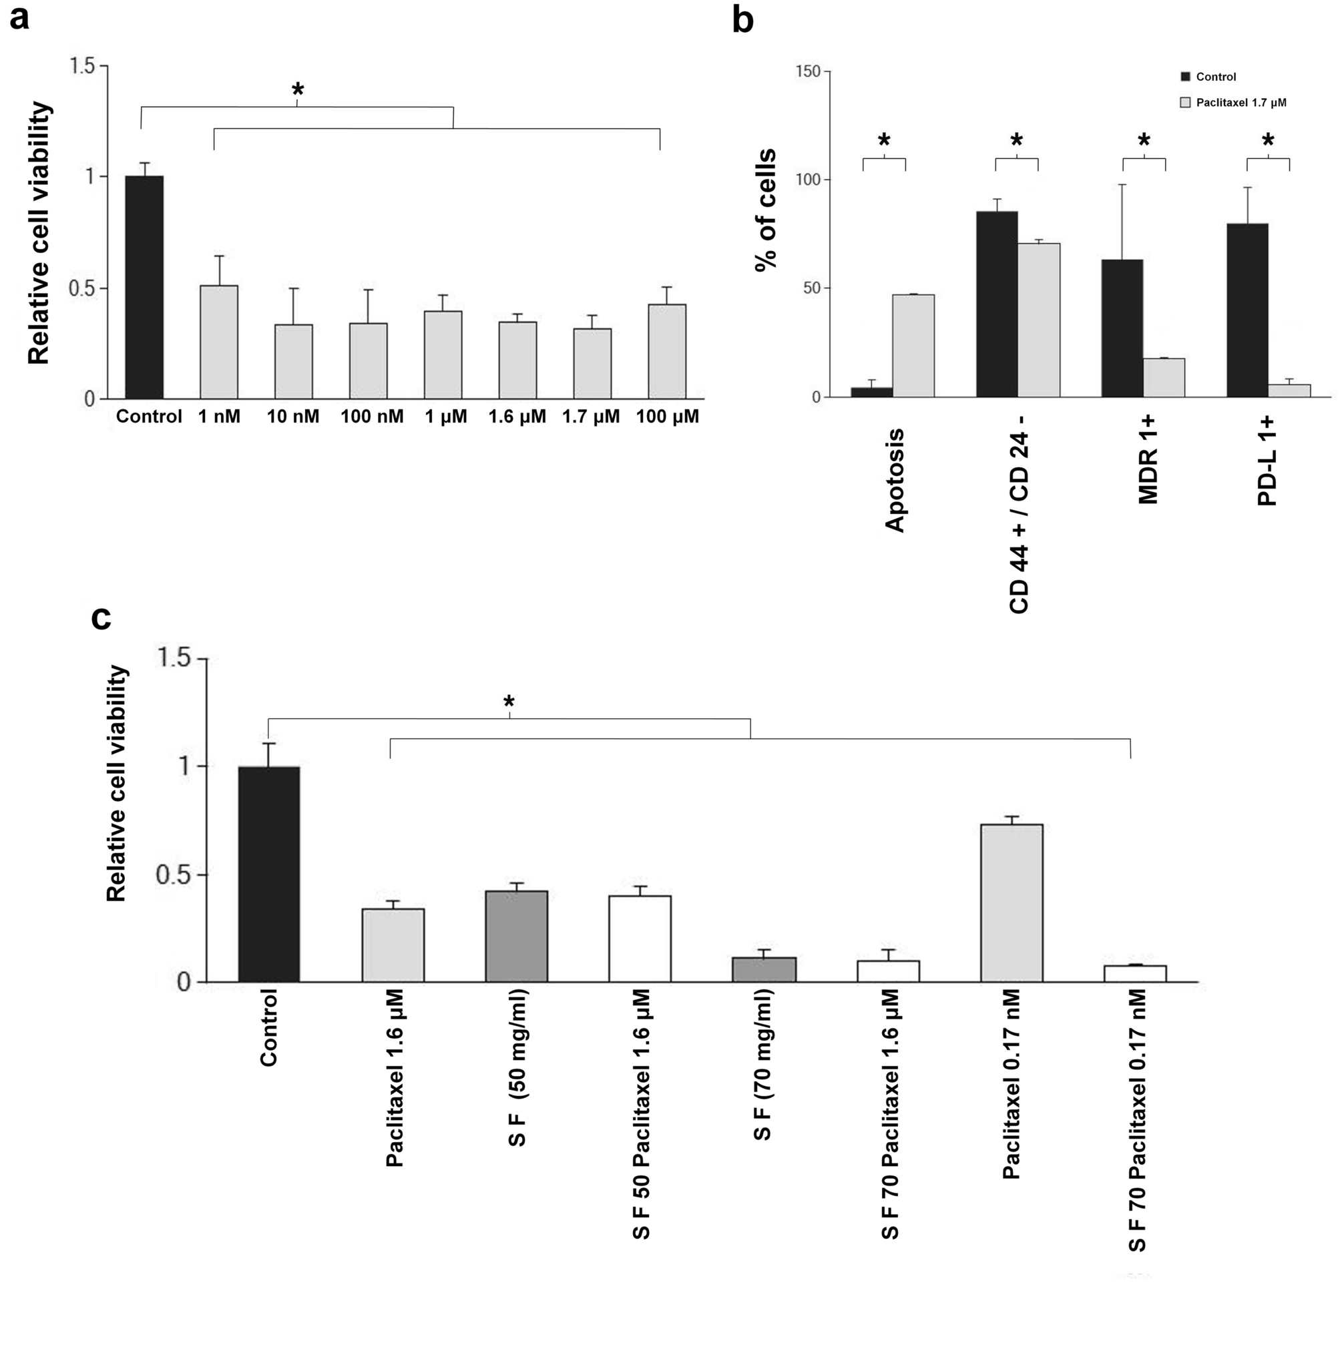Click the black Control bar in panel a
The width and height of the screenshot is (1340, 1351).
tap(144, 288)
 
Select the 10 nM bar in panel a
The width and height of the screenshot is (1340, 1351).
tap(293, 362)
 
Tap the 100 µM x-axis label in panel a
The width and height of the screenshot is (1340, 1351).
tap(666, 417)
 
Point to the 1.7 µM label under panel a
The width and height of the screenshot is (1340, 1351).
tap(590, 417)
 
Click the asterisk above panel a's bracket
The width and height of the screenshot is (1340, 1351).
tap(298, 89)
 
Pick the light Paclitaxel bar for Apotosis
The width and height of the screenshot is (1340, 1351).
tap(913, 346)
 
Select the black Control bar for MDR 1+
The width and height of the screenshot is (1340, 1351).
tap(1122, 328)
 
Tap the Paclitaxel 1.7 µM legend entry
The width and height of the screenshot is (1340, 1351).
tap(1240, 103)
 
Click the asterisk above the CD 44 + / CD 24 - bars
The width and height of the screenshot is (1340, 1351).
tap(1016, 140)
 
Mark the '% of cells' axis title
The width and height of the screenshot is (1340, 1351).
tap(766, 210)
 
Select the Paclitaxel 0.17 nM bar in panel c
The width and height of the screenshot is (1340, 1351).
tap(1011, 902)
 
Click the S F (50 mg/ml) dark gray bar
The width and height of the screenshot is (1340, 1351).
tap(516, 936)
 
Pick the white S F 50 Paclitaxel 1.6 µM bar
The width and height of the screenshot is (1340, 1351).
tap(639, 938)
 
